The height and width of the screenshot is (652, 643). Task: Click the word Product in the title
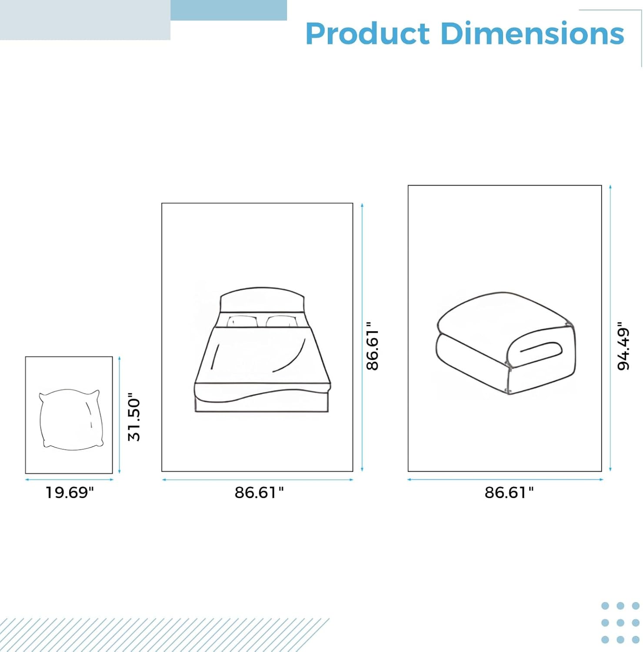[x=367, y=33]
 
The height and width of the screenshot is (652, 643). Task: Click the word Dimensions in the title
[x=533, y=33]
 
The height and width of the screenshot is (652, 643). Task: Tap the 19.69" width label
[x=70, y=492]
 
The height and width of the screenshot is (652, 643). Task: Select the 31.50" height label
[x=134, y=416]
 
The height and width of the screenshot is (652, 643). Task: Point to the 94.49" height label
[x=623, y=346]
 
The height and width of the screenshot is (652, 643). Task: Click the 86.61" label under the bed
[x=259, y=492]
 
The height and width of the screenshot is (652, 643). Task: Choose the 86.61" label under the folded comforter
[x=509, y=492]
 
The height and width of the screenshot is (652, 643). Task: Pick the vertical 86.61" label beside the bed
[x=373, y=346]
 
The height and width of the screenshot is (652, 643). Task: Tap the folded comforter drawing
[x=506, y=343]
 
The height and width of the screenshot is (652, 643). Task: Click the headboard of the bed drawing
[x=262, y=300]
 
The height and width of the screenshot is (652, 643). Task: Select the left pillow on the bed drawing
[x=242, y=321]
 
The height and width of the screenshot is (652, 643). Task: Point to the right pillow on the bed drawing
[x=282, y=321]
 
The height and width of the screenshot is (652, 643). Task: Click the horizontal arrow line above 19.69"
[x=69, y=480]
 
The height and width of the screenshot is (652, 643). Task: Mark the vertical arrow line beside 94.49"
[x=610, y=328]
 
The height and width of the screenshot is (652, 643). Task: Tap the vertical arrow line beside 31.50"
[x=120, y=415]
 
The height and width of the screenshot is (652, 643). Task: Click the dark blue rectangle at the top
[x=229, y=10]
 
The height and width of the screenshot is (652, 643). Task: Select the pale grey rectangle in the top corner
[x=85, y=20]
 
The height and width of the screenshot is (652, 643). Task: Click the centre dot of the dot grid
[x=620, y=623]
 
